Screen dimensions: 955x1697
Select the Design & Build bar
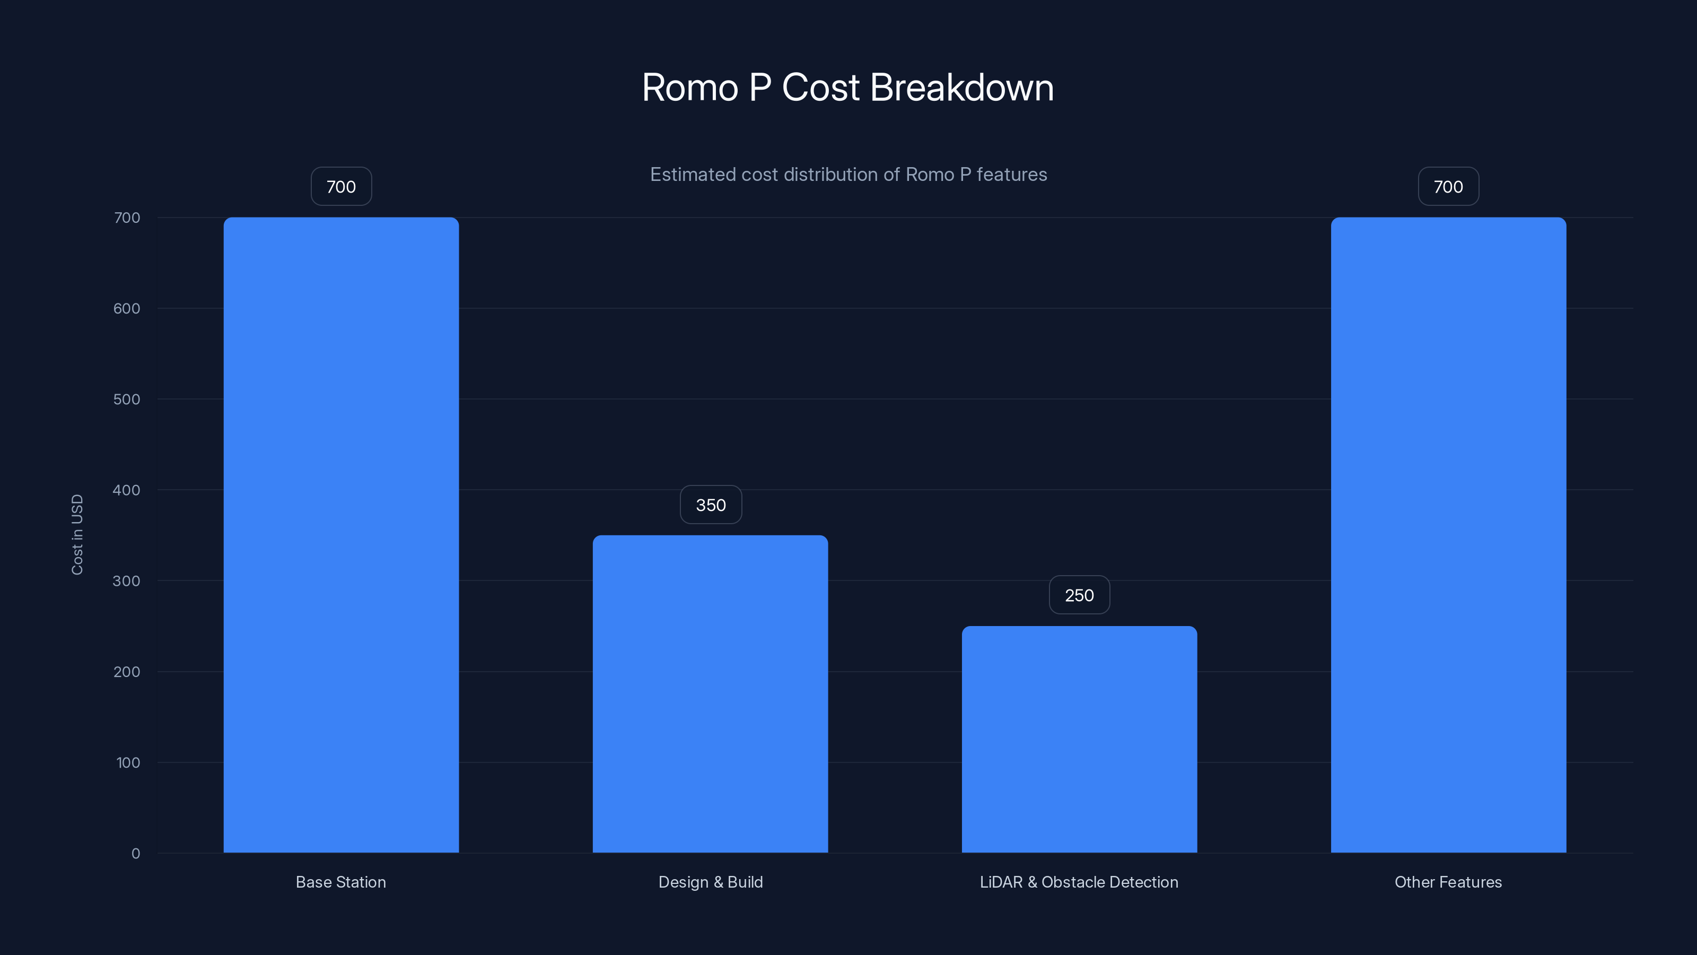(x=710, y=693)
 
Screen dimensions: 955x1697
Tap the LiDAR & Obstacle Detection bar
(x=1079, y=739)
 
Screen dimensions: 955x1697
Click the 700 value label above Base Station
(x=341, y=187)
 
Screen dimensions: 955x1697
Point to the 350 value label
(x=711, y=505)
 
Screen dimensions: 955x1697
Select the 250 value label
(x=1079, y=595)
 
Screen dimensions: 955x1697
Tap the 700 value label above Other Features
(x=1448, y=187)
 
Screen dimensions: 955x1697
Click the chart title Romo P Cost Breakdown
(x=848, y=88)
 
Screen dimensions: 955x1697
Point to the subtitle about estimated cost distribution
(x=848, y=175)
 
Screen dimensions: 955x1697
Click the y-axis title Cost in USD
(x=77, y=534)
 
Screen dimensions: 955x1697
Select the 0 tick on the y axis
(x=136, y=854)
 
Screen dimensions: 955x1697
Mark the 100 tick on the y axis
(x=128, y=762)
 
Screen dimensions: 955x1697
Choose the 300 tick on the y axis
(x=127, y=580)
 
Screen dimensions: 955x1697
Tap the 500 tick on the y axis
(x=127, y=400)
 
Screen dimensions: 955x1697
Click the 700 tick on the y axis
(x=127, y=218)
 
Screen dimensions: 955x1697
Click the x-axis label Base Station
(x=340, y=882)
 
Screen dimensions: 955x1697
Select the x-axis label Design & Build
(x=710, y=882)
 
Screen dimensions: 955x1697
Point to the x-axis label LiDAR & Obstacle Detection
(x=1079, y=882)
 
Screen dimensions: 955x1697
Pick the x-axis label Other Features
(x=1448, y=882)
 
